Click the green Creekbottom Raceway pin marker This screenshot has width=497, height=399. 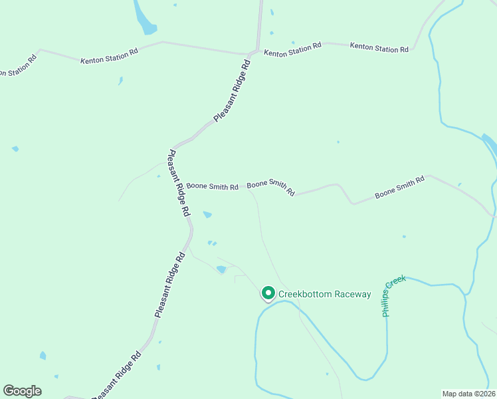(x=268, y=293)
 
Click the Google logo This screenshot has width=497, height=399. (x=22, y=391)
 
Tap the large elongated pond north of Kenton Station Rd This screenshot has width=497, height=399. (x=144, y=18)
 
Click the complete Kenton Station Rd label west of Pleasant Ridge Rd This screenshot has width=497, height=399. (x=109, y=56)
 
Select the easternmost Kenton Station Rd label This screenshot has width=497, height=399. (x=379, y=47)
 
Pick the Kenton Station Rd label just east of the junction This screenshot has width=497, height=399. (x=292, y=49)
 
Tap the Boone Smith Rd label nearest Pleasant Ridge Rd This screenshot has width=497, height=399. (x=212, y=187)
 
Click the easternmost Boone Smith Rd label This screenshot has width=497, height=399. (x=399, y=188)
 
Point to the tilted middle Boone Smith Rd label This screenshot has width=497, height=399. (x=271, y=188)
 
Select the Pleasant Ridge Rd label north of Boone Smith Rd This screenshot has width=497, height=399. (x=233, y=91)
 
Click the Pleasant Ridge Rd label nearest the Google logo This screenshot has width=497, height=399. (x=117, y=375)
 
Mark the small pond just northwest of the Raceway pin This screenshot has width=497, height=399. (x=221, y=269)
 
